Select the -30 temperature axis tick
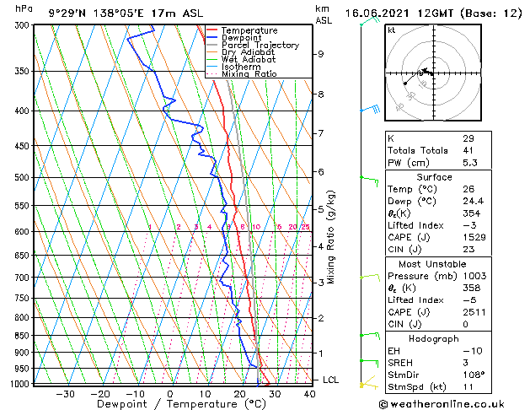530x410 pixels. click(65, 393)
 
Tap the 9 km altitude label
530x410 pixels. click(321, 54)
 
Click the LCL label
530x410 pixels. click(330, 380)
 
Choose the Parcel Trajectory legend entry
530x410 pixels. click(260, 45)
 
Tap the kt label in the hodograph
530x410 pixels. click(391, 30)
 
